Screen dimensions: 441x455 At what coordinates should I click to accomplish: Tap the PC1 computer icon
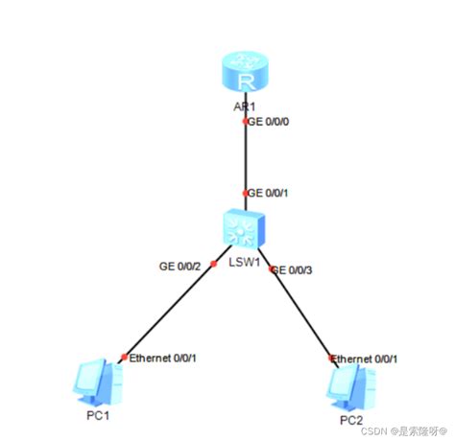98,381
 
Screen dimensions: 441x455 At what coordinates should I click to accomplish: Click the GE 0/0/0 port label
271,122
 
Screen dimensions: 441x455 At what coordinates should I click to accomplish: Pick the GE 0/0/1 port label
271,193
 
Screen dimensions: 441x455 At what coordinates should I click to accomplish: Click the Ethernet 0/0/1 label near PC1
164,358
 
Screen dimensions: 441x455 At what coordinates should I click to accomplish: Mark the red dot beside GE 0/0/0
246,122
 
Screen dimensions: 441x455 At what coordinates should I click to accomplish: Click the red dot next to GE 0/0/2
213,262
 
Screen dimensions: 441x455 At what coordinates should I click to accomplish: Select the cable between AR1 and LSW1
246,158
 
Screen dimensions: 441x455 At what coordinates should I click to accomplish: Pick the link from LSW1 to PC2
302,312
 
